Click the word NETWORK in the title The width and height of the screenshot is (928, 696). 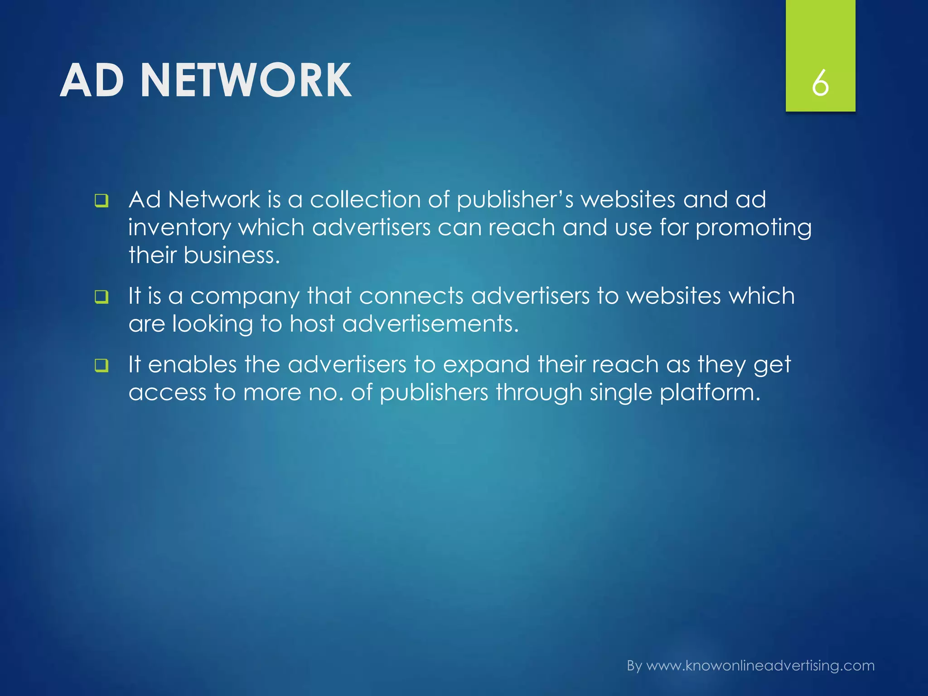[x=246, y=81]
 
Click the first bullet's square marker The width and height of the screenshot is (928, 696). [x=101, y=201]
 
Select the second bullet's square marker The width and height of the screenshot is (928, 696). [x=101, y=297]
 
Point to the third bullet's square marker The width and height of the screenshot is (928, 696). [x=101, y=365]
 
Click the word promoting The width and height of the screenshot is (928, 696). [x=753, y=227]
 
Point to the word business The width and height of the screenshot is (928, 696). [x=232, y=255]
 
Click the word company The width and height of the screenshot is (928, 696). [x=245, y=297]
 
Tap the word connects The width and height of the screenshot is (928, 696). [x=411, y=296]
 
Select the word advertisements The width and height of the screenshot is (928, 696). [x=430, y=324]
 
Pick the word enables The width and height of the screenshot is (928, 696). [x=192, y=364]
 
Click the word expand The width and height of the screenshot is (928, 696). [x=486, y=365]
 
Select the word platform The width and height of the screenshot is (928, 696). [x=710, y=392]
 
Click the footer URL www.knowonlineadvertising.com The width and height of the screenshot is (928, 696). [x=760, y=666]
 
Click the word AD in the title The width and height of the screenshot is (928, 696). [x=92, y=81]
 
